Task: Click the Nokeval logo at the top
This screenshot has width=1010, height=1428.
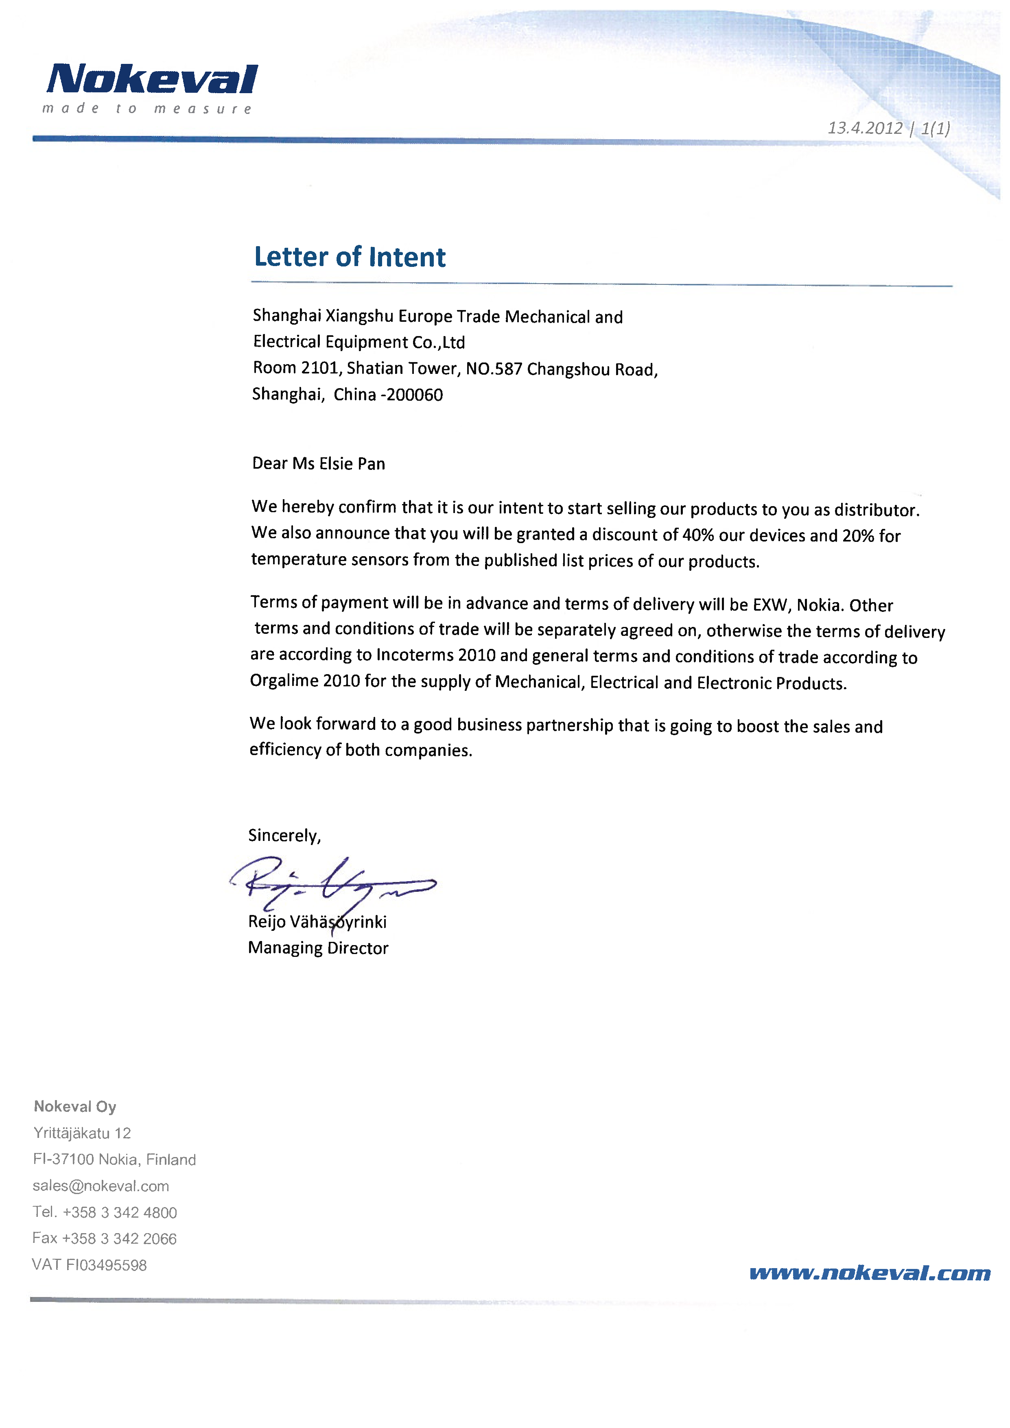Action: tap(152, 80)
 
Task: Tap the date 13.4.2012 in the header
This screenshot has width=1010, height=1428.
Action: tap(864, 128)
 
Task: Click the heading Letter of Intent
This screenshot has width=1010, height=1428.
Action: tap(350, 257)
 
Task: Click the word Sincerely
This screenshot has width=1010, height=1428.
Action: tap(284, 835)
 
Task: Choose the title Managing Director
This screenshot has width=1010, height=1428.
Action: tap(318, 948)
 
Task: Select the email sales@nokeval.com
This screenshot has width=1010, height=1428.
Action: tap(101, 1186)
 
